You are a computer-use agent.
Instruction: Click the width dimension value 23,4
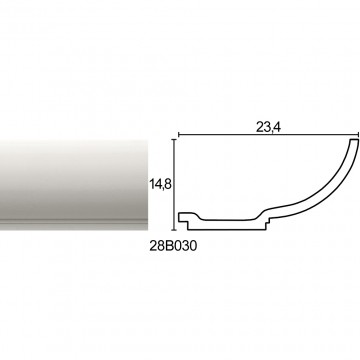click(268, 128)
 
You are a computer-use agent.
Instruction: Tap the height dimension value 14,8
click(160, 184)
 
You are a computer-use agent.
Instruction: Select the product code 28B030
click(173, 246)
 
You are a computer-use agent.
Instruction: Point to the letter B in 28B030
click(169, 246)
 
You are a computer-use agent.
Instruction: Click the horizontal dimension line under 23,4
click(268, 135)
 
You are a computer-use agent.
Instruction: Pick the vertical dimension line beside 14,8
click(174, 185)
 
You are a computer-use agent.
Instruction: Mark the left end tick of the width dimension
click(178, 135)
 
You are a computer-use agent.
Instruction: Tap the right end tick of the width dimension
click(359, 135)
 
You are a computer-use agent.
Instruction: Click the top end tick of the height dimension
click(174, 140)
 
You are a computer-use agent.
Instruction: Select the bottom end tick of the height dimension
click(174, 230)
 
